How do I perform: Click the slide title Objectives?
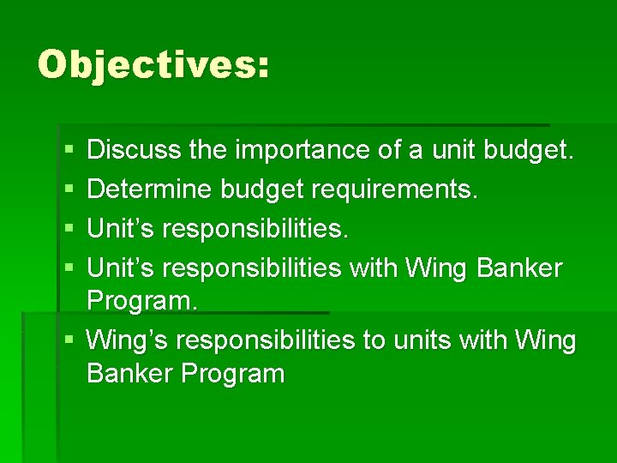coord(153,65)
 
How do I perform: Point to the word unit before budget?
coord(453,150)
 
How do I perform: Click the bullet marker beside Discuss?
coord(68,151)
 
